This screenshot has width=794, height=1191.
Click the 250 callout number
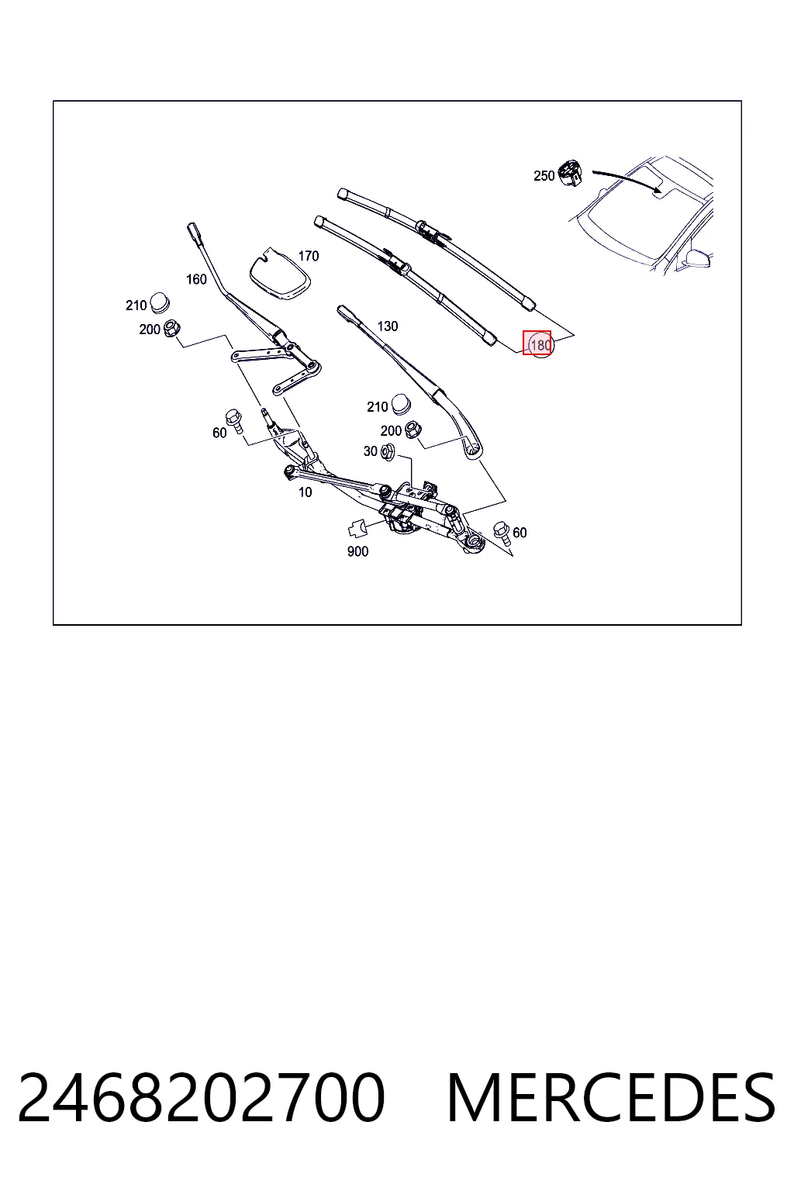(x=544, y=175)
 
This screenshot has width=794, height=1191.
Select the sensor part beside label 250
(x=570, y=172)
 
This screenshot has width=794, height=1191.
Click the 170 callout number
(x=309, y=256)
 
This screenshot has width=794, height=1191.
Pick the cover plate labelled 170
(x=280, y=273)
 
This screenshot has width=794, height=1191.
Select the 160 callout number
(x=196, y=279)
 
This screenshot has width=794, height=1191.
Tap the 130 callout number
(x=387, y=326)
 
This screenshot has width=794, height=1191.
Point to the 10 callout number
(x=306, y=492)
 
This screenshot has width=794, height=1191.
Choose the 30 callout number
(x=370, y=451)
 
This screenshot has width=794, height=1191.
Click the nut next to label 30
(x=388, y=453)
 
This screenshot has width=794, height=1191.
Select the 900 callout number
(x=357, y=551)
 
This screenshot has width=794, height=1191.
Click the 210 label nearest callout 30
(x=377, y=407)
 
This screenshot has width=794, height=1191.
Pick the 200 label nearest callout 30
(x=391, y=430)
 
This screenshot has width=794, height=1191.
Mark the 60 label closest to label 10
(x=219, y=433)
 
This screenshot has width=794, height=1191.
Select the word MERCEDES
(x=611, y=1098)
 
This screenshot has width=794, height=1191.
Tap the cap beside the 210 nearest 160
(x=160, y=302)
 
